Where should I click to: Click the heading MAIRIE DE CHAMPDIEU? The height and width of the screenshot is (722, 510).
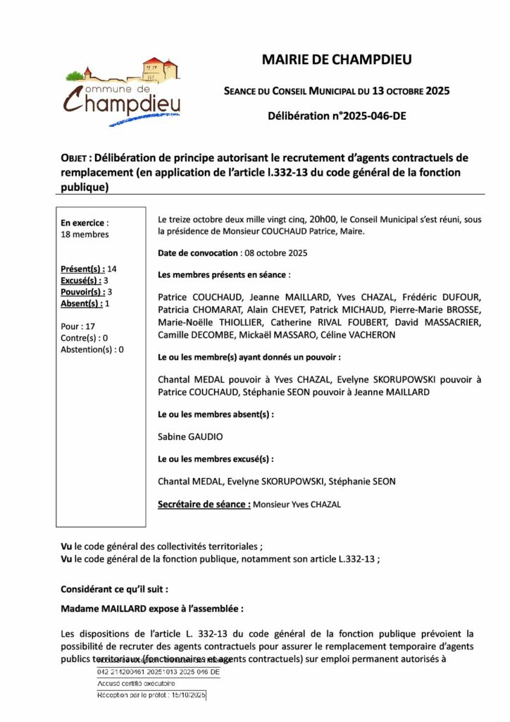337,60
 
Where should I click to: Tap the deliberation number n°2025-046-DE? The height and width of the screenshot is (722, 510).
337,116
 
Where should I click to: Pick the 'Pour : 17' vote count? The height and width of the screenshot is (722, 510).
78,326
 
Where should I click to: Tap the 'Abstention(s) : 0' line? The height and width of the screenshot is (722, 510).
92,349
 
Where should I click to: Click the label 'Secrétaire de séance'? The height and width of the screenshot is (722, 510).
203,505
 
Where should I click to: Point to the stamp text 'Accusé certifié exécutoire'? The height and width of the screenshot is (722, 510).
137,684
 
